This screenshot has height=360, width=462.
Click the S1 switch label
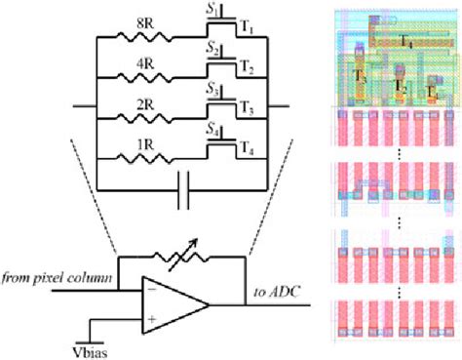tap(212, 8)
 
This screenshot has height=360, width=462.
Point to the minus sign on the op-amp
tap(151, 286)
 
